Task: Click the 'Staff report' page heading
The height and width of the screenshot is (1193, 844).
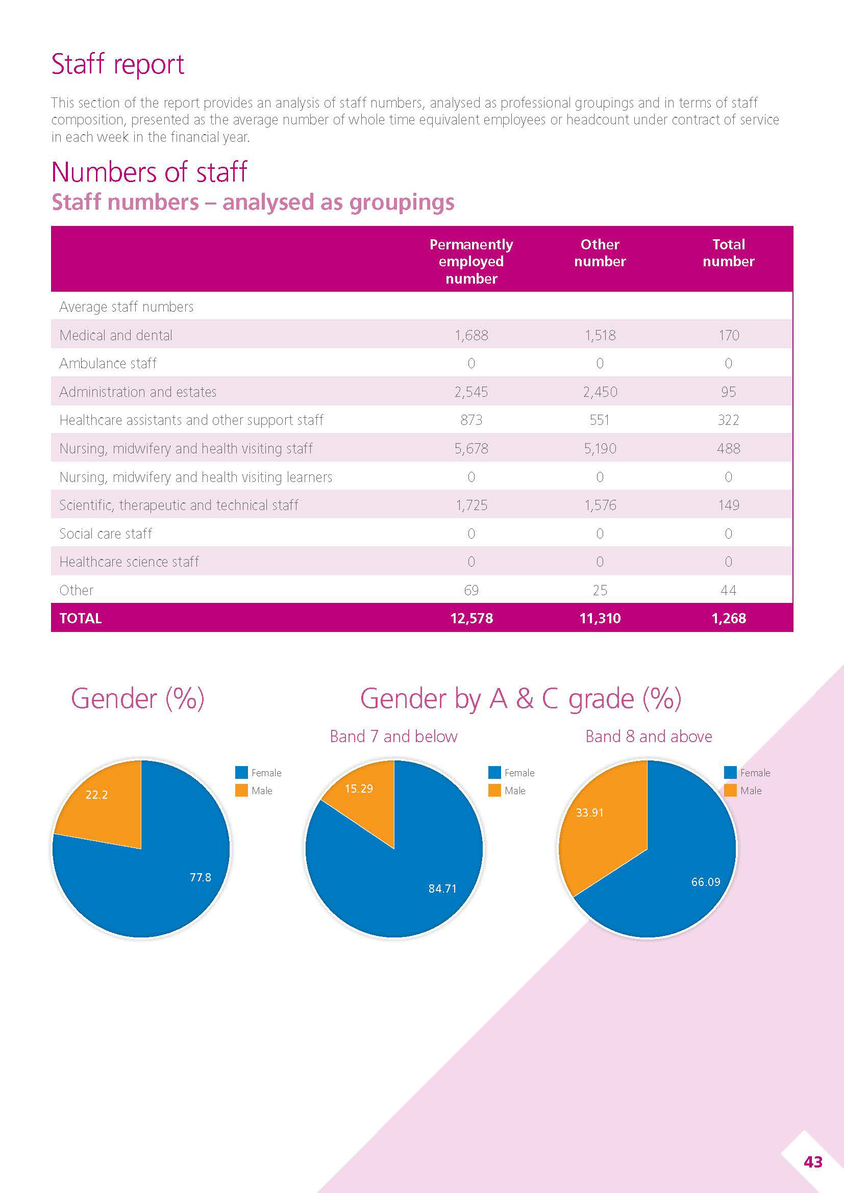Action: [117, 64]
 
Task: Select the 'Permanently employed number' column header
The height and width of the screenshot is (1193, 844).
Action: [471, 261]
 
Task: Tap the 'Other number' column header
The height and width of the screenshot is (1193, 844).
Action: [600, 252]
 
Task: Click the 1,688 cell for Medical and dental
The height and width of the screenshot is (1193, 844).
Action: [471, 335]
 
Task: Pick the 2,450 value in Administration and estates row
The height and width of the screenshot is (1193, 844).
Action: [600, 392]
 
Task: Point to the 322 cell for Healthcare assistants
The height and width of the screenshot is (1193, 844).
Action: [728, 420]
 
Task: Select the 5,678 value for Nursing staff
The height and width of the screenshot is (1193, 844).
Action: [471, 448]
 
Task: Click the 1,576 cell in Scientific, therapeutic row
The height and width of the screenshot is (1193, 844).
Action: [600, 505]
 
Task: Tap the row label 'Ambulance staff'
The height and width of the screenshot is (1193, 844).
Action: [108, 363]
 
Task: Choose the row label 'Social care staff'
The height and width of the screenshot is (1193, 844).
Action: [106, 534]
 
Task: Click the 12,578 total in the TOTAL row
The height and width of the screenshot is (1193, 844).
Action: [471, 618]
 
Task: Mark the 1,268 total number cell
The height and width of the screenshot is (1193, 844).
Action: [728, 618]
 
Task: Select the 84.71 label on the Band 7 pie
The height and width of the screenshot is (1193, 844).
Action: [442, 889]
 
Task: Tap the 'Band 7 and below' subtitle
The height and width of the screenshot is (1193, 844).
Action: [393, 737]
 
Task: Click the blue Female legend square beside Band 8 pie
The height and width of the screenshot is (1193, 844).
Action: [730, 773]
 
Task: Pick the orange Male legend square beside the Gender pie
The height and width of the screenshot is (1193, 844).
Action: [241, 790]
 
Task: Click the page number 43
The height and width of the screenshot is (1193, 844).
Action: [813, 1162]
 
